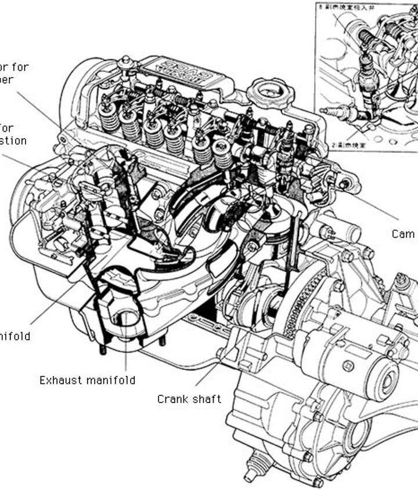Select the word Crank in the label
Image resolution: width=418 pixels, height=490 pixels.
click(171, 399)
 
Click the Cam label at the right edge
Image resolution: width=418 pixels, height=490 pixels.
click(403, 234)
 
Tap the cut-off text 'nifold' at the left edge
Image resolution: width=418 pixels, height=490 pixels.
click(15, 336)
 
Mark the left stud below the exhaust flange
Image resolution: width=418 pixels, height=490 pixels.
click(103, 349)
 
